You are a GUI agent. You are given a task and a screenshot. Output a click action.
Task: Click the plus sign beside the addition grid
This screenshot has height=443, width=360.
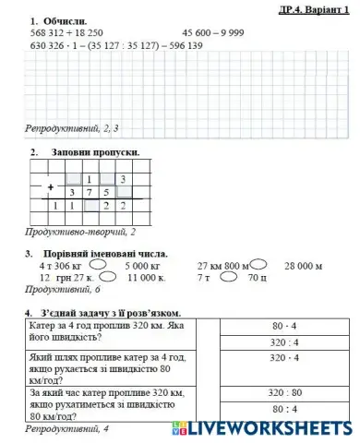49,186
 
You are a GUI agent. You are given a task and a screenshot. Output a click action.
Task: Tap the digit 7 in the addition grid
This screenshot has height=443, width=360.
90,193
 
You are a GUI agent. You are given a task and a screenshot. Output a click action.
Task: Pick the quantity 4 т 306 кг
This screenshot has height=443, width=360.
60,266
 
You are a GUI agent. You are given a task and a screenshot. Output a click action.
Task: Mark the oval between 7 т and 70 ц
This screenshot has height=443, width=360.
230,276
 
